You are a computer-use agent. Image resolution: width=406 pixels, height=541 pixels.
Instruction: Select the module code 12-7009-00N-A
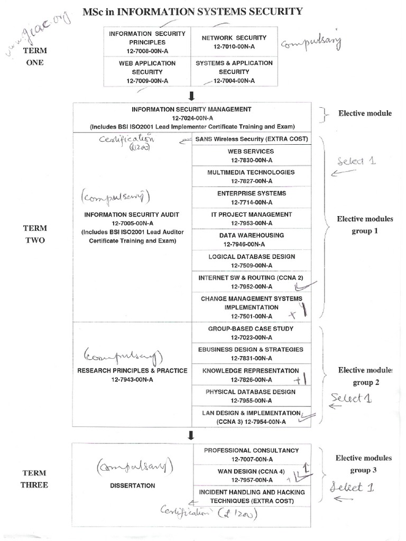coord(147,81)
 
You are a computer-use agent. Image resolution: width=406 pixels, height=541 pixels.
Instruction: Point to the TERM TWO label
coord(35,234)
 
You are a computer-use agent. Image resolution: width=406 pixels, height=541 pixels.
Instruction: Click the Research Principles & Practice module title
coord(132,370)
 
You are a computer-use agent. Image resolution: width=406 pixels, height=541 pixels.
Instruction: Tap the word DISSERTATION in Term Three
coord(133,485)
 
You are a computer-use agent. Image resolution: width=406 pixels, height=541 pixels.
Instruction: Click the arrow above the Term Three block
coord(191,435)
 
